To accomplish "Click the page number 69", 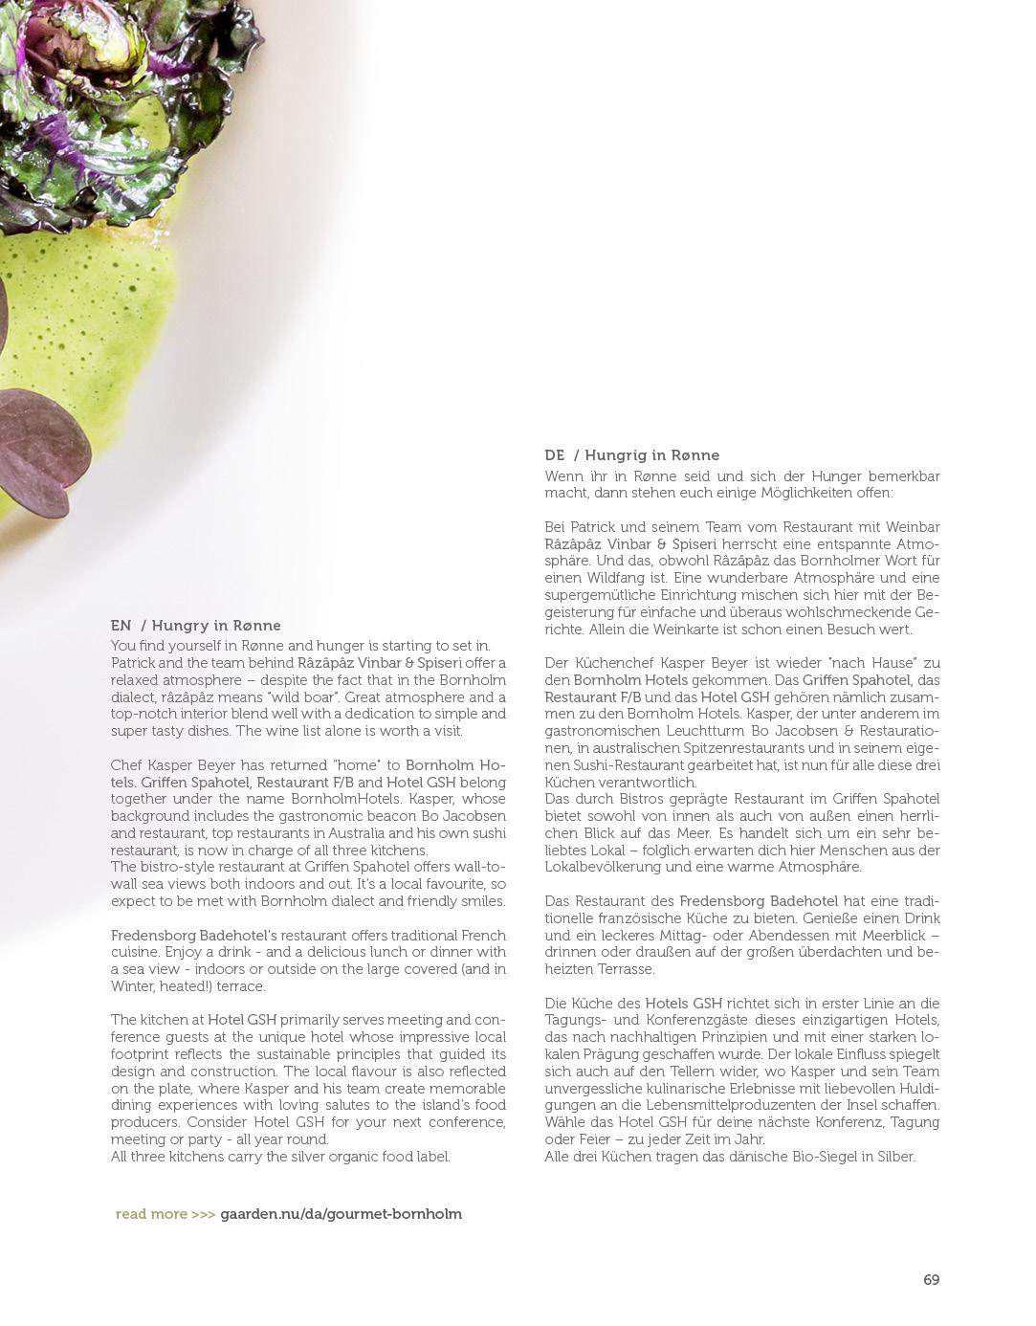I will pyautogui.click(x=931, y=1280).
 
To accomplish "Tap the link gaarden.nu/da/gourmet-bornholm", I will pyautogui.click(x=341, y=1214).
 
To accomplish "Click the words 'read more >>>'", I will pyautogui.click(x=165, y=1214).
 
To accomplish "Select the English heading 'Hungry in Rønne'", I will pyautogui.click(x=216, y=626).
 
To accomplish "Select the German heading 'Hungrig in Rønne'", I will pyautogui.click(x=652, y=455).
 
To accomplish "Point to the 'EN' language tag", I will pyautogui.click(x=121, y=626).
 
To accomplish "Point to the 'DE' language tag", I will pyautogui.click(x=555, y=455).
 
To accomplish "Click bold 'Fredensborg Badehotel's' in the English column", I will pyautogui.click(x=194, y=936).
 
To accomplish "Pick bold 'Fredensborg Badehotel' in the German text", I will pyautogui.click(x=759, y=901).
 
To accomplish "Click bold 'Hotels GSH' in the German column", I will pyautogui.click(x=683, y=1004).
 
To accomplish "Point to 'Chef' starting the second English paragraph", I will pyautogui.click(x=125, y=765).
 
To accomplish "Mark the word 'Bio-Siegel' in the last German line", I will pyautogui.click(x=799, y=1157).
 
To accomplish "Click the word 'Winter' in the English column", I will pyautogui.click(x=132, y=986).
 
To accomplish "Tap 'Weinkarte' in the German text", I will pyautogui.click(x=771, y=630).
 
